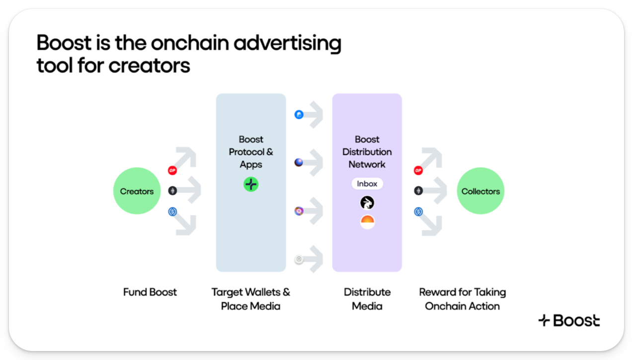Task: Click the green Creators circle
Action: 137,191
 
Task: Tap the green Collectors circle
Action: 480,191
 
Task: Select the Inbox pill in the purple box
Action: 367,184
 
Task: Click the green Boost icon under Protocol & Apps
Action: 251,184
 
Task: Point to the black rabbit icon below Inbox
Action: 367,203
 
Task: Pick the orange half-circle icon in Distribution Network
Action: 367,222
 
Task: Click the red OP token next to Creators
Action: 172,171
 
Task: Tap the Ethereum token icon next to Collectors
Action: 418,190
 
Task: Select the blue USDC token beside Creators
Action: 172,211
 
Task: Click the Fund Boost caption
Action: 150,292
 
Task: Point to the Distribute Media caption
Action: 367,299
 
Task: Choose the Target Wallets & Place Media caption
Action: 251,299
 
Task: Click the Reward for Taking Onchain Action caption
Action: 462,299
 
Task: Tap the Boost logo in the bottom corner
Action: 569,321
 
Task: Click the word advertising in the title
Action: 287,44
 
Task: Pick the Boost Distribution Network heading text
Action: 367,152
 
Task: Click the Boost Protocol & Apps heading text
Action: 251,152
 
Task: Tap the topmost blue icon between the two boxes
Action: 299,115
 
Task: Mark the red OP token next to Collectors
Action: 418,171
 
